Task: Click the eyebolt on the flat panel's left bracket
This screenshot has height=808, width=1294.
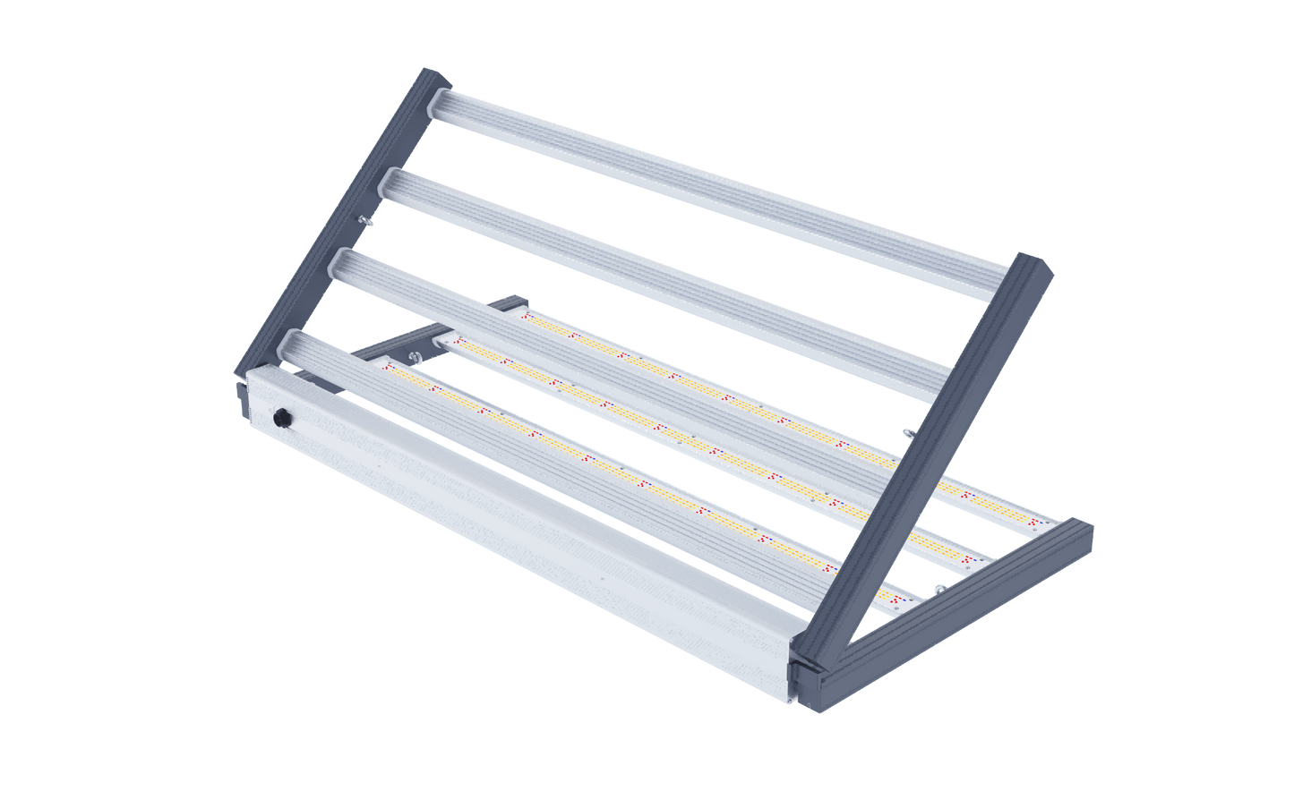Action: [414, 360]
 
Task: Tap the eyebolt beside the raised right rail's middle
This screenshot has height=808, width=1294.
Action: [906, 433]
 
